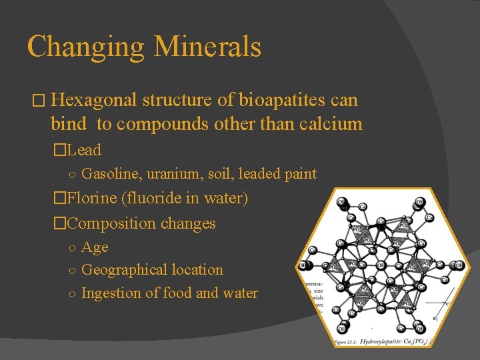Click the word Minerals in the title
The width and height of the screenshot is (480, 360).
coord(207,47)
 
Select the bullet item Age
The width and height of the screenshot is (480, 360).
coord(95,247)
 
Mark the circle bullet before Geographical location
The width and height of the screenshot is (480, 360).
coord(72,271)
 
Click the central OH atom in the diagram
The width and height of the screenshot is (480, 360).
coord(381,265)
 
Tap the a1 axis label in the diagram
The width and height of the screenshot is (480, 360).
coord(435,317)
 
